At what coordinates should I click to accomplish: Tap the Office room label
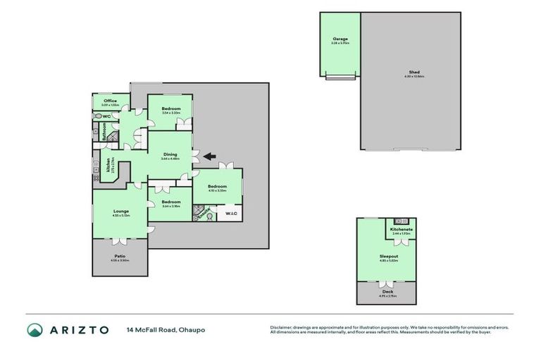[110, 101]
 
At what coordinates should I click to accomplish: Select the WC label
[107, 116]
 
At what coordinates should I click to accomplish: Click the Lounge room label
[120, 210]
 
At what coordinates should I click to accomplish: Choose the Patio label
[120, 257]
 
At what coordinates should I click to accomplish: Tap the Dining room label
[170, 154]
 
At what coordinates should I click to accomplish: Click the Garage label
[340, 39]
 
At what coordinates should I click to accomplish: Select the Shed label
[414, 72]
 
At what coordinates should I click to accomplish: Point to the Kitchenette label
[402, 229]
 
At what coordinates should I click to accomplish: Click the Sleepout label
[389, 257]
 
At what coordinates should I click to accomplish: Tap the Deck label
[388, 291]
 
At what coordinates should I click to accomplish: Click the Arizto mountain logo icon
[35, 330]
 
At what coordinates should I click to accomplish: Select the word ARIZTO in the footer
[79, 330]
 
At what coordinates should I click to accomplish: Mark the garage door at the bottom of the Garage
[340, 76]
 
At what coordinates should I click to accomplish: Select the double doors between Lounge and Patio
[120, 239]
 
